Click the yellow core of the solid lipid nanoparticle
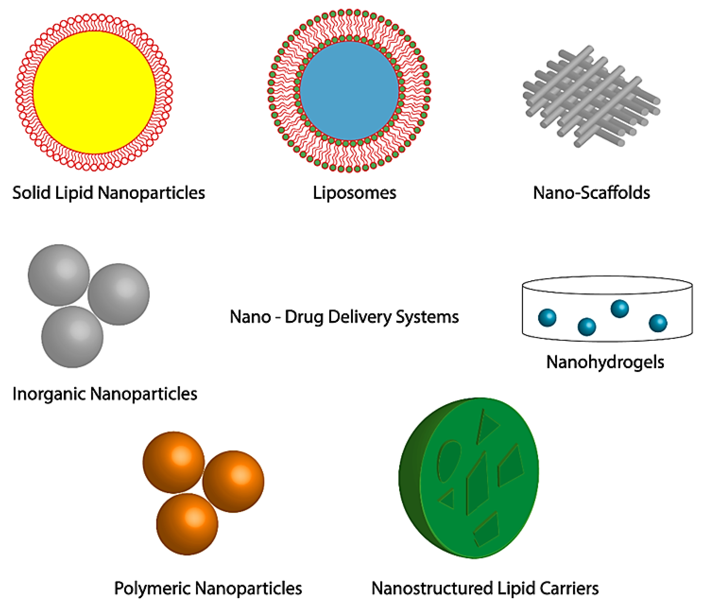pos(94,92)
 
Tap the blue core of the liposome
pos(349,90)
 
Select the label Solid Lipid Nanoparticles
pos(109,193)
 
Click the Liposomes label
pos(354,193)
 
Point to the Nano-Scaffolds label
pos(591,193)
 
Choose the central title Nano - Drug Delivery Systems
pos(344,317)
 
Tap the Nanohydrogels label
pos(605,362)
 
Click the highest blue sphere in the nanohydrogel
pos(620,309)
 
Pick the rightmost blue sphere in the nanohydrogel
pos(658,323)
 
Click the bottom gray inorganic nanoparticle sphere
pos(72,337)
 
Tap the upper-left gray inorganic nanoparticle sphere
pos(59,275)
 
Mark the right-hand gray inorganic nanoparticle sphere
pos(118,294)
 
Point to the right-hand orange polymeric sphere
pos(233,481)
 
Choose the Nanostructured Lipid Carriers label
pos(485,588)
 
